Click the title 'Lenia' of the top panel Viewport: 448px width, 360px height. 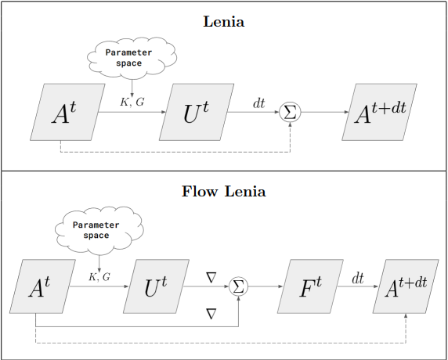pos(224,22)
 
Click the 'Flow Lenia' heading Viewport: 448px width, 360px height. pos(223,190)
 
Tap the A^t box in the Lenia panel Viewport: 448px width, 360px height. pos(65,113)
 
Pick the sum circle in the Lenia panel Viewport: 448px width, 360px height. pos(290,113)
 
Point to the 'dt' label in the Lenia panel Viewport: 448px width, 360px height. pos(258,103)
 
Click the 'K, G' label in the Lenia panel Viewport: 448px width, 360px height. pos(131,103)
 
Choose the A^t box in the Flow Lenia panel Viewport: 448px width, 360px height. pos(40,287)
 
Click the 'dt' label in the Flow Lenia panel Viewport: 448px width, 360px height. pos(356,278)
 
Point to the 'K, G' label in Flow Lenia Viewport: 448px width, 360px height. pos(99,277)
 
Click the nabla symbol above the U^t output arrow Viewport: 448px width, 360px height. pos(209,277)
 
